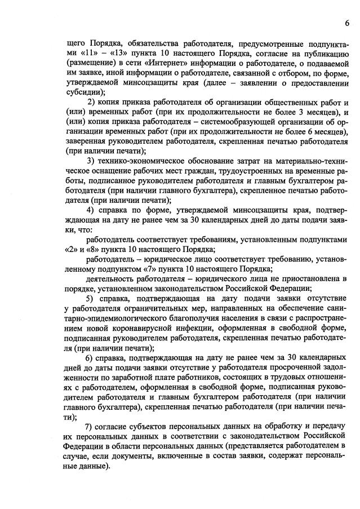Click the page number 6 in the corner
pos(347,23)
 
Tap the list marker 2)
pos(94,101)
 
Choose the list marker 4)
pos(94,210)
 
